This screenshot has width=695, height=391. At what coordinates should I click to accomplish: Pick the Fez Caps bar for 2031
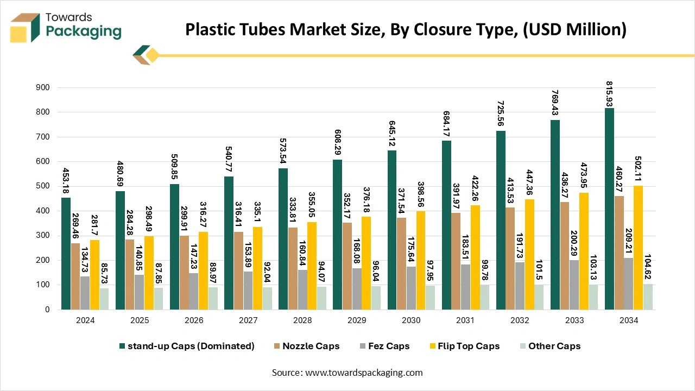point(466,287)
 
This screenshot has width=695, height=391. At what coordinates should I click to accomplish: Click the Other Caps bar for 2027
point(267,298)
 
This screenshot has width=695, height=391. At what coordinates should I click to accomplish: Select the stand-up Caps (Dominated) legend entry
point(187,346)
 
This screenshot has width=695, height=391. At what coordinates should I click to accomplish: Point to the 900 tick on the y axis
point(42,87)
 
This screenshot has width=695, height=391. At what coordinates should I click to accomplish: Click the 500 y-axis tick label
point(42,186)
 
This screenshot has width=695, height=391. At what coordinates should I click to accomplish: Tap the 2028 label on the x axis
point(302,320)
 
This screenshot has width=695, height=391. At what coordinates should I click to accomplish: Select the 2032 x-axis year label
point(520,320)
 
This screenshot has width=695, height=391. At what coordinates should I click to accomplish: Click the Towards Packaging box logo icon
point(26,27)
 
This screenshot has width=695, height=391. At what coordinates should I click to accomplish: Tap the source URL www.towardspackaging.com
point(363,373)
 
